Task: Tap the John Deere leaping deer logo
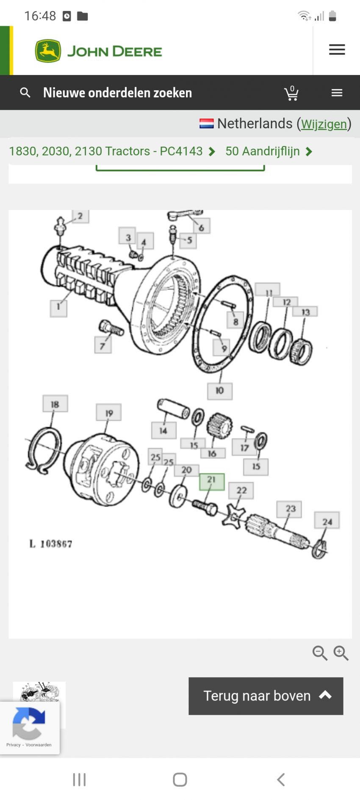click(48, 51)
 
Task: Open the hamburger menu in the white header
click(337, 50)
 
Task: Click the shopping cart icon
click(291, 93)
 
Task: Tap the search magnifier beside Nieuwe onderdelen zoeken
click(25, 93)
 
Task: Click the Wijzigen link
click(324, 124)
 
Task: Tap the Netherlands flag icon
click(206, 124)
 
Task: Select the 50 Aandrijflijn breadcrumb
click(263, 151)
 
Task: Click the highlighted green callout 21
click(212, 481)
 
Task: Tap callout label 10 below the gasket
click(219, 390)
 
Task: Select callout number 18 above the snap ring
click(55, 404)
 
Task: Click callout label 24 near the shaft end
click(327, 521)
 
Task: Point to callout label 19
click(109, 412)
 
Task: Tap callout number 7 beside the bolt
click(102, 346)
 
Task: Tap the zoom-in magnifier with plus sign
click(341, 653)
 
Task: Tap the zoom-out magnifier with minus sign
click(320, 653)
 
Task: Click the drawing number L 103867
click(51, 543)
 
